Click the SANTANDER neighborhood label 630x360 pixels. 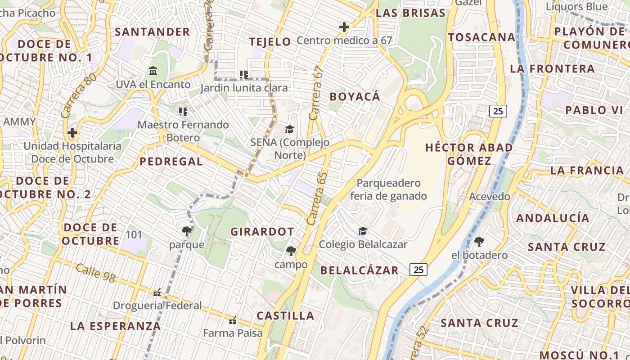click(152, 32)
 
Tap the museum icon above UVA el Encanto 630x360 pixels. click(153, 71)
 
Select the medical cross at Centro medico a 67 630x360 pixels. click(344, 27)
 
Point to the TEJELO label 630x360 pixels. click(270, 42)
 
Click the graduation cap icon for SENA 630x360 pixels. click(289, 130)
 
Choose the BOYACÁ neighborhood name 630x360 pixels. click(355, 97)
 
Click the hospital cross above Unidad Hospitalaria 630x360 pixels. click(72, 133)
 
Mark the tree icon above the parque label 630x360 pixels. click(187, 231)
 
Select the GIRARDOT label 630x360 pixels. click(262, 232)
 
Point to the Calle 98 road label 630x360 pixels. click(95, 273)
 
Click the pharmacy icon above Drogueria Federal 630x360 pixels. click(157, 292)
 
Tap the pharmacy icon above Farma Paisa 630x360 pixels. click(233, 320)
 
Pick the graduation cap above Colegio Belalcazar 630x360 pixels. click(363, 231)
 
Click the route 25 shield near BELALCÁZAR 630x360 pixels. click(418, 270)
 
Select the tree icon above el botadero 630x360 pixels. click(479, 242)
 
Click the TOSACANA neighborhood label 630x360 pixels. click(481, 37)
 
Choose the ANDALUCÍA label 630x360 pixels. click(553, 218)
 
